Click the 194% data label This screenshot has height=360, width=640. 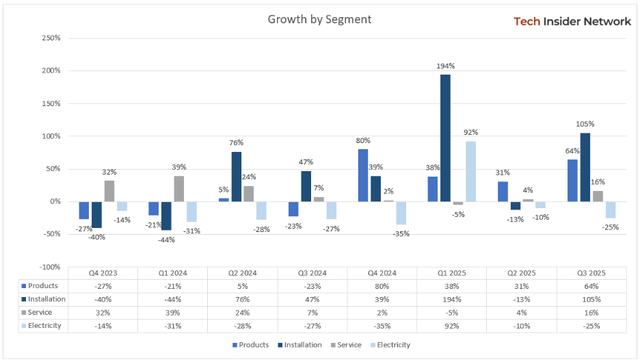444,66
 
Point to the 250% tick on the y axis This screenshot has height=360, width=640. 48,38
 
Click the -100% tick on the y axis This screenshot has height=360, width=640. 46,266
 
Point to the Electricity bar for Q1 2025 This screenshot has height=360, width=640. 469,171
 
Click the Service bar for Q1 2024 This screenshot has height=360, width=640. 178,189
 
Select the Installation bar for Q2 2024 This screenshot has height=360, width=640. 235,177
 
